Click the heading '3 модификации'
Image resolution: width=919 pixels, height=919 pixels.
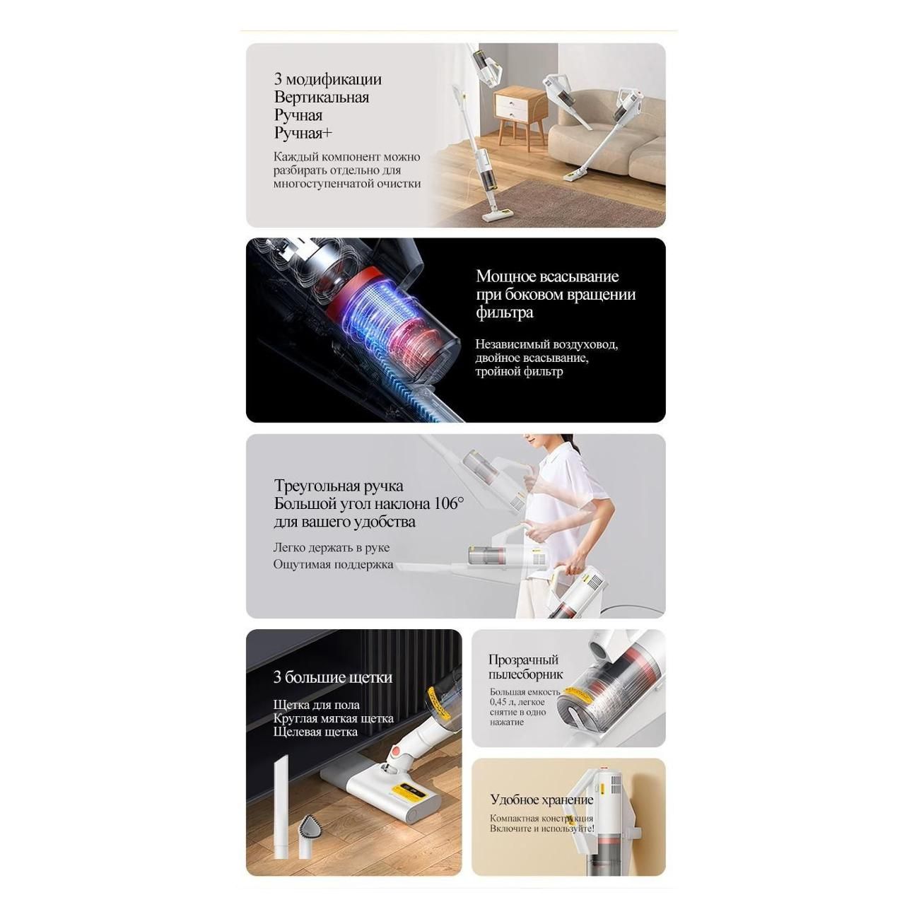pyautogui.click(x=327, y=79)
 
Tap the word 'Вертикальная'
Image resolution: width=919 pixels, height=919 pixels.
pyautogui.click(x=322, y=98)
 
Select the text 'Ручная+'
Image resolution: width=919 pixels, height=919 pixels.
pyautogui.click(x=303, y=133)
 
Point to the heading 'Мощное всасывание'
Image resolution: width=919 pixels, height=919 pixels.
pyautogui.click(x=547, y=276)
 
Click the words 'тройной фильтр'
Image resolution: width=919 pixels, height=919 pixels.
pyautogui.click(x=519, y=371)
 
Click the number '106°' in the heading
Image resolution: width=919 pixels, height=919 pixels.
pyautogui.click(x=449, y=503)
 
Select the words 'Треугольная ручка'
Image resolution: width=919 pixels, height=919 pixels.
pyautogui.click(x=339, y=486)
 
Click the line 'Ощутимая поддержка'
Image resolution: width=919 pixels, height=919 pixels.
pyautogui.click(x=333, y=565)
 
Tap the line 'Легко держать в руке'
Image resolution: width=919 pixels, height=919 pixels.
pyautogui.click(x=332, y=547)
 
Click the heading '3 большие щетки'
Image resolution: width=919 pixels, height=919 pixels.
pyautogui.click(x=332, y=677)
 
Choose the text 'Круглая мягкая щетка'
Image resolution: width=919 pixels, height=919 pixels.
pyautogui.click(x=334, y=718)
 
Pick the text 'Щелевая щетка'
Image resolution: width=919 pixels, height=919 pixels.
pyautogui.click(x=315, y=732)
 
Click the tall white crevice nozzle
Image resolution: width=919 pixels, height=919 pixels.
pyautogui.click(x=281, y=807)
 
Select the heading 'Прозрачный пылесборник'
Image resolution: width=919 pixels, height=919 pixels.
pyautogui.click(x=525, y=667)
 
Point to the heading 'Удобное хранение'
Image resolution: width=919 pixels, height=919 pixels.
pyautogui.click(x=542, y=800)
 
